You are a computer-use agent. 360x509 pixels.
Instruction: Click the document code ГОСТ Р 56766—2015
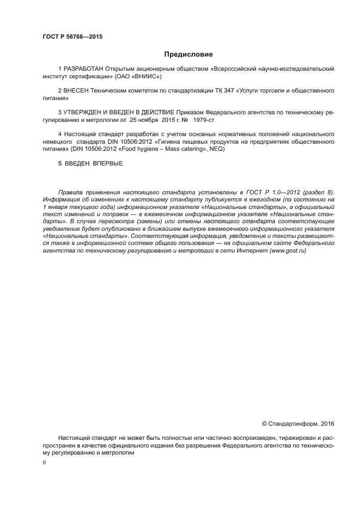(x=72, y=37)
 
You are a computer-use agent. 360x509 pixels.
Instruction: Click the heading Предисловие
(x=188, y=54)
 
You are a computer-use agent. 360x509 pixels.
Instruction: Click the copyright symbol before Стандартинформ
(x=265, y=423)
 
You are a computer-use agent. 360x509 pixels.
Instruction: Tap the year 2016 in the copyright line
(x=328, y=423)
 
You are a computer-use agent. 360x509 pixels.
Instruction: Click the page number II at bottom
(x=44, y=462)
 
